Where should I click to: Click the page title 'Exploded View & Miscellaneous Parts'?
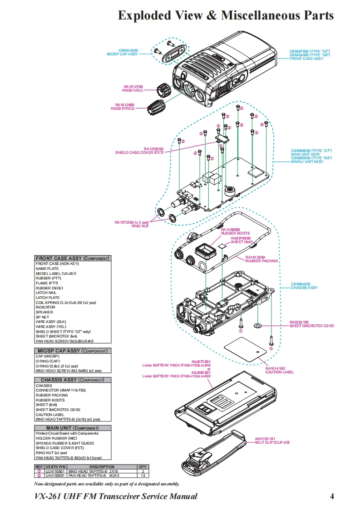pyautogui.click(x=226, y=15)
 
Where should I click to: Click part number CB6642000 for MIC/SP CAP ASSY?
pyautogui.click(x=128, y=50)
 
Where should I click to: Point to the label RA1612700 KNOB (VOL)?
pyautogui.click(x=133, y=88)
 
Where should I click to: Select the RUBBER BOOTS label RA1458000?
pyautogui.click(x=235, y=231)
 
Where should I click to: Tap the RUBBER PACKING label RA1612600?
pyautogui.click(x=261, y=259)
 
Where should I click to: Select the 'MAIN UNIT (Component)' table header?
pyautogui.click(x=73, y=428)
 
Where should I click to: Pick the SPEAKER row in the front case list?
pyautogui.click(x=44, y=312)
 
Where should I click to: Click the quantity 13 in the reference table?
pyautogui.click(x=143, y=476)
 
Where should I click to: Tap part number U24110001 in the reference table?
pyautogui.click(x=55, y=471)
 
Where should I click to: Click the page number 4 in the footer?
pyautogui.click(x=332, y=496)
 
